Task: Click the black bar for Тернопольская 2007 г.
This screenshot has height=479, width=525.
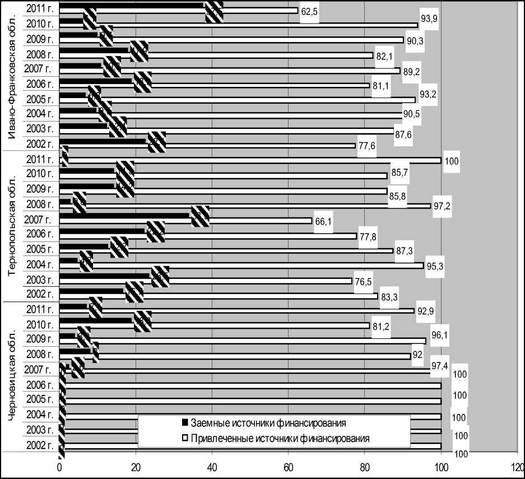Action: click(x=126, y=215)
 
